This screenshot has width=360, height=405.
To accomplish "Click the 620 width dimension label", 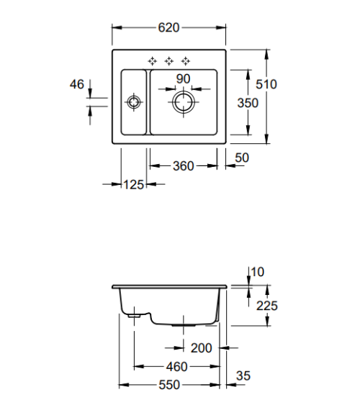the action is pyautogui.click(x=168, y=27).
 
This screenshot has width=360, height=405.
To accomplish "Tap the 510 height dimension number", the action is pyautogui.click(x=266, y=84).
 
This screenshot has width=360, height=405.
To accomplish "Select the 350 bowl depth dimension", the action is pyautogui.click(x=248, y=103).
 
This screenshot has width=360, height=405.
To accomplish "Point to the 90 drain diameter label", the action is pyautogui.click(x=183, y=79).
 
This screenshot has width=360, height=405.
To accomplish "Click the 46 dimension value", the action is pyautogui.click(x=77, y=84).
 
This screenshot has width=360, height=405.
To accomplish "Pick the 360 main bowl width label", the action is pyautogui.click(x=183, y=166).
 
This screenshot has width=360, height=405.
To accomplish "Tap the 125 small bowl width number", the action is pyautogui.click(x=134, y=185).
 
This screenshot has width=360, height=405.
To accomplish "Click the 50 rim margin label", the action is pyautogui.click(x=242, y=158).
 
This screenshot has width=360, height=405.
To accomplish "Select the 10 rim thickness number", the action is pyautogui.click(x=258, y=272).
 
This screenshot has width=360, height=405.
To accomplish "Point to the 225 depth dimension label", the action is pyautogui.click(x=267, y=306).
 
